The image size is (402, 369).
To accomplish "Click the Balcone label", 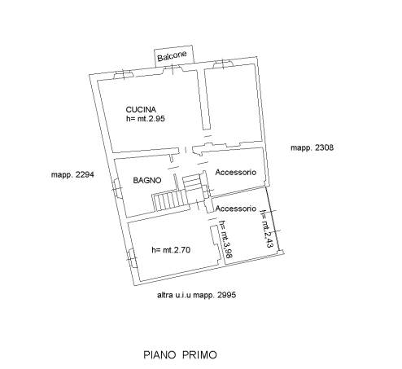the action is (x=172, y=56).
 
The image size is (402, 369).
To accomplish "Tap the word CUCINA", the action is (x=141, y=110).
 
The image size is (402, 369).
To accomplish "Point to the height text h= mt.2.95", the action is (x=146, y=119).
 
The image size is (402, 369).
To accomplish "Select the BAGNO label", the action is (x=147, y=180).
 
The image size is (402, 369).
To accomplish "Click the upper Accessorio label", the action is (x=236, y=172).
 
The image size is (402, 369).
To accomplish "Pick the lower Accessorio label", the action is (x=236, y=209).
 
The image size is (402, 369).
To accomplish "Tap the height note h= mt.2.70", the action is (x=171, y=250).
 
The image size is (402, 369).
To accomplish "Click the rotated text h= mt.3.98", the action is (x=225, y=239).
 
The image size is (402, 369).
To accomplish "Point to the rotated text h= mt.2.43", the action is (x=267, y=229).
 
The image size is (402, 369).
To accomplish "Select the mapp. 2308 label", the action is (x=312, y=147).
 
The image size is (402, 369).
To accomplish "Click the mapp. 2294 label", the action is (x=72, y=174).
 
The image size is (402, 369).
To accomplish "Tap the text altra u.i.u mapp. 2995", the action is (x=197, y=295).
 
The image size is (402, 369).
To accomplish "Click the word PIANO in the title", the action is (x=160, y=355).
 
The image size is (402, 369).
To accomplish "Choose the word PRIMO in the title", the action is (x=199, y=355).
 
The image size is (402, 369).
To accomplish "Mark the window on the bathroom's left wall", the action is (x=116, y=188).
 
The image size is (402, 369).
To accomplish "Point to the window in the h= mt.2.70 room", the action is (x=131, y=258).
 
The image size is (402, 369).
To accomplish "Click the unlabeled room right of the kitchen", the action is (x=233, y=104).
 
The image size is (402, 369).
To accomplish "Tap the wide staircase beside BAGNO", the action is (x=170, y=201).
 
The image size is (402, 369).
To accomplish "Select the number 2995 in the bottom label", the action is (x=227, y=295).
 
